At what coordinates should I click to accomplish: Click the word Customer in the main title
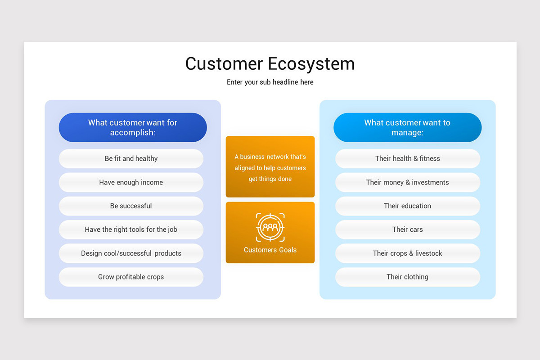pyautogui.click(x=224, y=64)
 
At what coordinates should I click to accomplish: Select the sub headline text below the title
pyautogui.click(x=270, y=82)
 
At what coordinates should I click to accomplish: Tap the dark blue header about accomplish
pyautogui.click(x=133, y=127)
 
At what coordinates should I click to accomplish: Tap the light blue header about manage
pyautogui.click(x=407, y=127)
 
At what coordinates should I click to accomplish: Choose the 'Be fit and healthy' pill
pyautogui.click(x=131, y=159)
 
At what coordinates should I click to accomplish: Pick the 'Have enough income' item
pyautogui.click(x=131, y=182)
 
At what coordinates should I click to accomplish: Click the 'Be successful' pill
pyautogui.click(x=131, y=206)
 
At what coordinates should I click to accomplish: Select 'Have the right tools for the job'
pyautogui.click(x=131, y=229)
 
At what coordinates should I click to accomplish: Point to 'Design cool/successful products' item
pyautogui.click(x=131, y=253)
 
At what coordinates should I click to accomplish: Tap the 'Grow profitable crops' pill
pyautogui.click(x=131, y=277)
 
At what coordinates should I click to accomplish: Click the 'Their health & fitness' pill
pyautogui.click(x=408, y=159)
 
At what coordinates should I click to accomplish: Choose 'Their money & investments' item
pyautogui.click(x=408, y=182)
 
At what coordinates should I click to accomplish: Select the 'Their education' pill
pyautogui.click(x=408, y=206)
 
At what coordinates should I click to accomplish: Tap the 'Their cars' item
pyautogui.click(x=408, y=229)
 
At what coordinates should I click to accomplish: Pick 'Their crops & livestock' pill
pyautogui.click(x=408, y=253)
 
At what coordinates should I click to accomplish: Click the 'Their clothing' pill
pyautogui.click(x=408, y=277)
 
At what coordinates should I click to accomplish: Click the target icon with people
pyautogui.click(x=270, y=227)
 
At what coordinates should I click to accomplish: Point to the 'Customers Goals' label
pyautogui.click(x=270, y=250)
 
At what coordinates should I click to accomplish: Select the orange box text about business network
pyautogui.click(x=270, y=167)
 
